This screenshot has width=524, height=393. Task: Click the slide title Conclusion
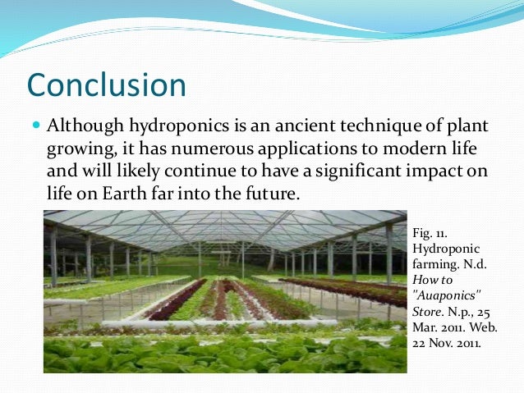pyautogui.click(x=107, y=85)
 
